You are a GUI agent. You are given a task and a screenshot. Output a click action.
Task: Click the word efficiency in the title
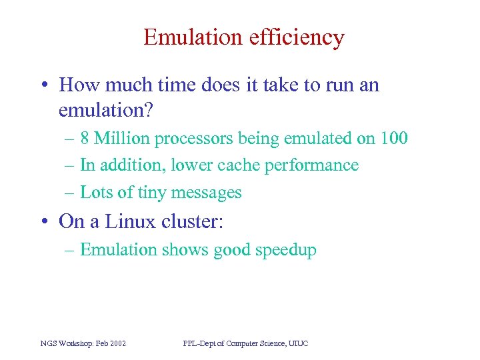tap(297, 37)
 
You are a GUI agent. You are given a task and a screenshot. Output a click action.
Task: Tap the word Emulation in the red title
tap(193, 37)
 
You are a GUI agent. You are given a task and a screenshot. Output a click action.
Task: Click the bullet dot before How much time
tap(43, 85)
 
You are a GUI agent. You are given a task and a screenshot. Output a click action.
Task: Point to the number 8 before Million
tap(85, 139)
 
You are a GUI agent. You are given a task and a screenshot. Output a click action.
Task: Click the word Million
tap(123, 139)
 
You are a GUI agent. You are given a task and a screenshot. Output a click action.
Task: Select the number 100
tap(394, 139)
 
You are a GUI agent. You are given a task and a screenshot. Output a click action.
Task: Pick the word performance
tap(311, 165)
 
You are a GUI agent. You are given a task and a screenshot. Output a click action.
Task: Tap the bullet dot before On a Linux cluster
tap(43, 221)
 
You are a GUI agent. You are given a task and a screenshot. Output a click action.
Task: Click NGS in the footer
tap(49, 343)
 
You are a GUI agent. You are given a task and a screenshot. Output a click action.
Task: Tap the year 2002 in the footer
tap(117, 343)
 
